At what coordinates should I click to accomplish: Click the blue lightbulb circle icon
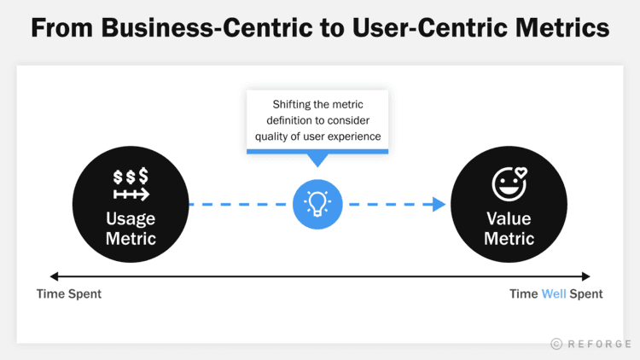317,204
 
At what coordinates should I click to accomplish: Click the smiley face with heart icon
509,183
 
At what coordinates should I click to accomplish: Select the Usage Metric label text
131,228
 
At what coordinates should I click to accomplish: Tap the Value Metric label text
509,228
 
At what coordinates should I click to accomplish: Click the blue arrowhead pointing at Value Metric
439,204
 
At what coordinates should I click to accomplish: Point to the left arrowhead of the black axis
55,276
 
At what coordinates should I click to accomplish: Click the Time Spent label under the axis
68,294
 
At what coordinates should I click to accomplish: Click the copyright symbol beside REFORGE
556,344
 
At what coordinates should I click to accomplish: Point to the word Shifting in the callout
293,104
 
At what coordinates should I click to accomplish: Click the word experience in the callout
352,136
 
